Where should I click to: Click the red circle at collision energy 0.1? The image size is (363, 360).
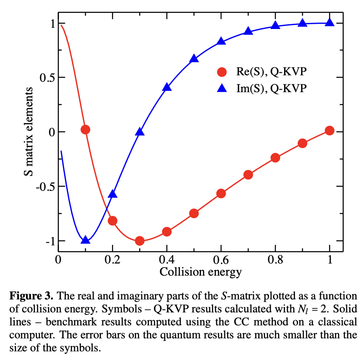click(85, 129)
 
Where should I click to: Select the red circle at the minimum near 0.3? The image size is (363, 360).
click(139, 241)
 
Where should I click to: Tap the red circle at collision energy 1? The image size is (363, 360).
click(329, 130)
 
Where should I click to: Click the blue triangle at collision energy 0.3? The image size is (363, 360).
click(139, 132)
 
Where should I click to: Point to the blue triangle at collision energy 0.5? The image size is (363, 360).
click(194, 59)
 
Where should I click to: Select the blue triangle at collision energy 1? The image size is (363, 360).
click(329, 22)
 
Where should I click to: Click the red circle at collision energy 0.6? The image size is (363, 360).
click(221, 193)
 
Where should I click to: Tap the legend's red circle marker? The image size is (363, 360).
click(222, 71)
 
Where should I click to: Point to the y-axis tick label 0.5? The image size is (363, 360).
click(45, 77)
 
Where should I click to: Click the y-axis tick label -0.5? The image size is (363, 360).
click(43, 186)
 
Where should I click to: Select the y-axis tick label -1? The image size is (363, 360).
click(47, 241)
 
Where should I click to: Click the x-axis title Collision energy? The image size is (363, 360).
click(201, 272)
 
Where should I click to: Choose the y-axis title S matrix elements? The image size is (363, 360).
click(28, 132)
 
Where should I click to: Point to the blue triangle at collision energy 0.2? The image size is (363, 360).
click(113, 194)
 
